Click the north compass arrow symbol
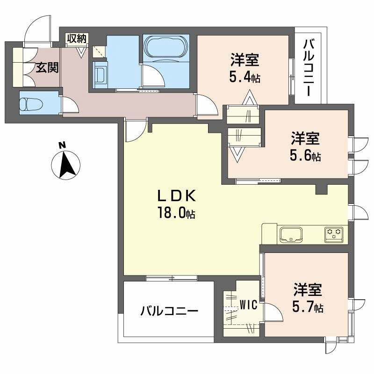65,165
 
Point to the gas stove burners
334,233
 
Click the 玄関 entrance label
47,68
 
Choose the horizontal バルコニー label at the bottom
169,311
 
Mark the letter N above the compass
61,145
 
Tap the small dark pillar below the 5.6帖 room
321,189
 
